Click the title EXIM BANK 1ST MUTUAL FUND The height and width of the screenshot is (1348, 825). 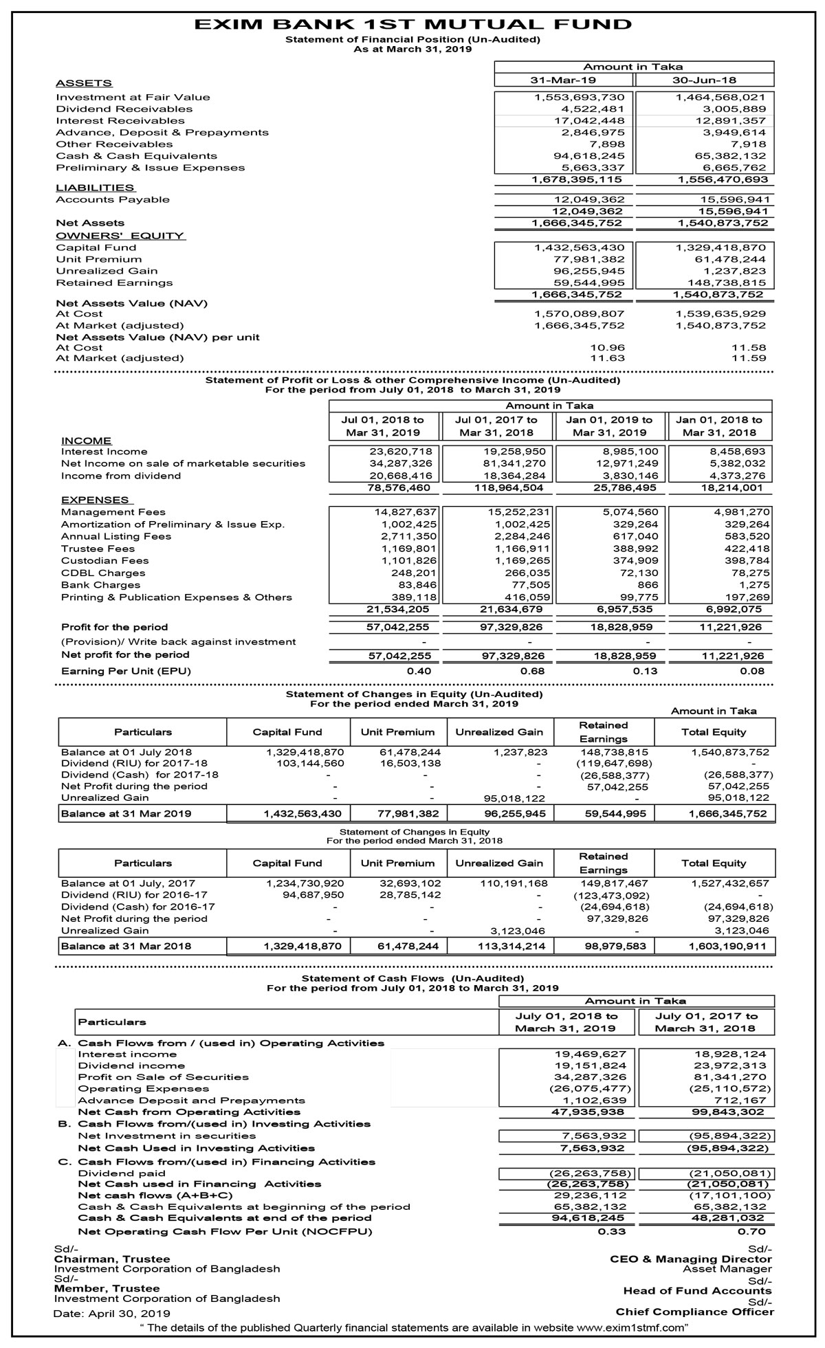click(412, 25)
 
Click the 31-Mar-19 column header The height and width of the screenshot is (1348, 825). click(563, 80)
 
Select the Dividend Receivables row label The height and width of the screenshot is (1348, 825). click(124, 109)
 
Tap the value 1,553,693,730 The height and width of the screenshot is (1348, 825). click(580, 98)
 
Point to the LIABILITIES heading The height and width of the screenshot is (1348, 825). click(95, 188)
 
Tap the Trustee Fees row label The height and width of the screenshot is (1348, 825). click(98, 549)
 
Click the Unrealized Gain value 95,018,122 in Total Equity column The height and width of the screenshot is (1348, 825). click(738, 798)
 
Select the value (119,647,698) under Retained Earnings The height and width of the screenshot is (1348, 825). click(613, 763)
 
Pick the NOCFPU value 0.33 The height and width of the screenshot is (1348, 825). click(611, 1231)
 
